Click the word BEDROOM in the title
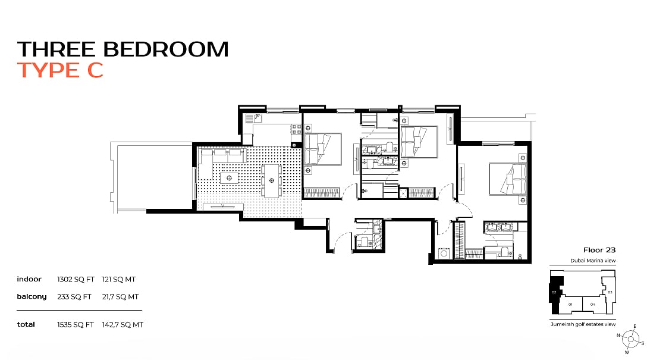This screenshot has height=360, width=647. coord(165,49)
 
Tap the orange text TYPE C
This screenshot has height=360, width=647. coord(60,70)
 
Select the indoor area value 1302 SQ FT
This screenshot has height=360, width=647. coord(76,280)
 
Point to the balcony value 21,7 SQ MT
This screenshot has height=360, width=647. coord(120,297)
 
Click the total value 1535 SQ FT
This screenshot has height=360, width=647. coord(75,325)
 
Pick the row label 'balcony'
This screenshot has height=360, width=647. coord(32,297)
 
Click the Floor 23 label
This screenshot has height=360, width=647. coord(599,250)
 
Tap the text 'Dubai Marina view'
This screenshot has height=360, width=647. coord(593,261)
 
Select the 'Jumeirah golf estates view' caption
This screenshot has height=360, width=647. coord(583,324)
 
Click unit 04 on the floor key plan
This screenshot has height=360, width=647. coord(592,304)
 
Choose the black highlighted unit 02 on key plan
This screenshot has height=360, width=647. coord(555,294)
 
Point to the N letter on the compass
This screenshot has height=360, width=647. coord(618,335)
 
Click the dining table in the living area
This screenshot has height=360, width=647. coord(272,180)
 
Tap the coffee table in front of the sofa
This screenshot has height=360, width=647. coord(229,178)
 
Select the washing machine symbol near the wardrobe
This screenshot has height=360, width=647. coord(444,253)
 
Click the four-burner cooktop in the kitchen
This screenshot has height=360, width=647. coord(296,129)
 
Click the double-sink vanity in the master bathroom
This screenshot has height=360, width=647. coord(500,227)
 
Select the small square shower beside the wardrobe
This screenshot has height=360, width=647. coord(403,193)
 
